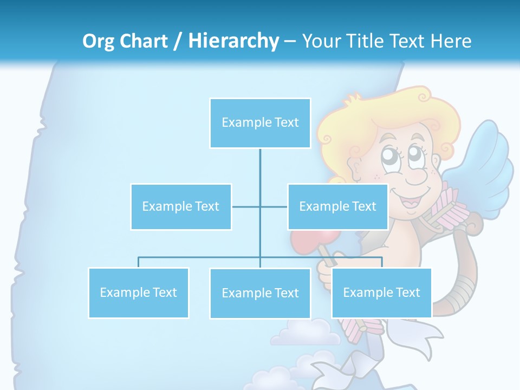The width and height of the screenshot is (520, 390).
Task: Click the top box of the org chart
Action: (260, 123)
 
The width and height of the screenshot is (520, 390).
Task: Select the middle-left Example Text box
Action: (181, 206)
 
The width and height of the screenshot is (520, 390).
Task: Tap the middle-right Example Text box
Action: (337, 206)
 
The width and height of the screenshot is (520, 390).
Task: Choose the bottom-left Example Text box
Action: (138, 292)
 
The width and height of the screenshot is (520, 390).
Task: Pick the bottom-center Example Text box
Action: (260, 293)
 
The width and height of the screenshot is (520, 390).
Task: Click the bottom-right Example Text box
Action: (381, 292)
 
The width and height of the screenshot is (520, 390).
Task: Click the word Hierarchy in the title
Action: (233, 41)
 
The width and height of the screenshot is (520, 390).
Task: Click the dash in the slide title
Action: (290, 41)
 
